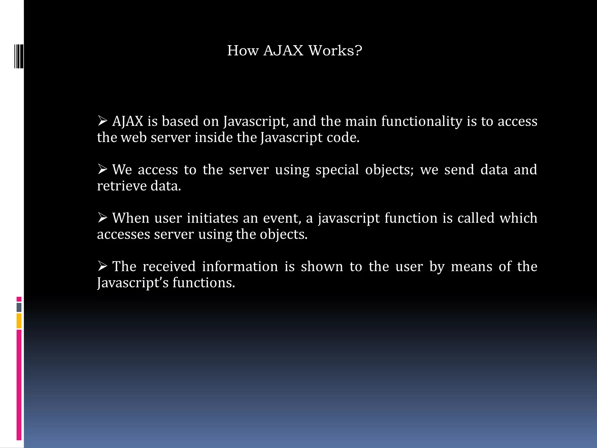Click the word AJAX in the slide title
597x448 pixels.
[x=283, y=50]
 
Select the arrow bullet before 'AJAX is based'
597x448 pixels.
[x=102, y=120]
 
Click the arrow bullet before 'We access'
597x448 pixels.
[x=102, y=169]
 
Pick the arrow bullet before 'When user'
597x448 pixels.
[x=102, y=217]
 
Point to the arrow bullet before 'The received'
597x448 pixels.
[x=102, y=266]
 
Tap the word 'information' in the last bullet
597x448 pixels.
[x=240, y=267]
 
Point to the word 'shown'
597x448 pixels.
[x=322, y=267]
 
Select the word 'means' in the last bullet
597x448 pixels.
[x=471, y=267]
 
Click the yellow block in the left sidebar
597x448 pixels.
[x=19, y=321]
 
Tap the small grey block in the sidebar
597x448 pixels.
[x=19, y=307]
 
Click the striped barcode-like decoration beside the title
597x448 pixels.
[x=19, y=56]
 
